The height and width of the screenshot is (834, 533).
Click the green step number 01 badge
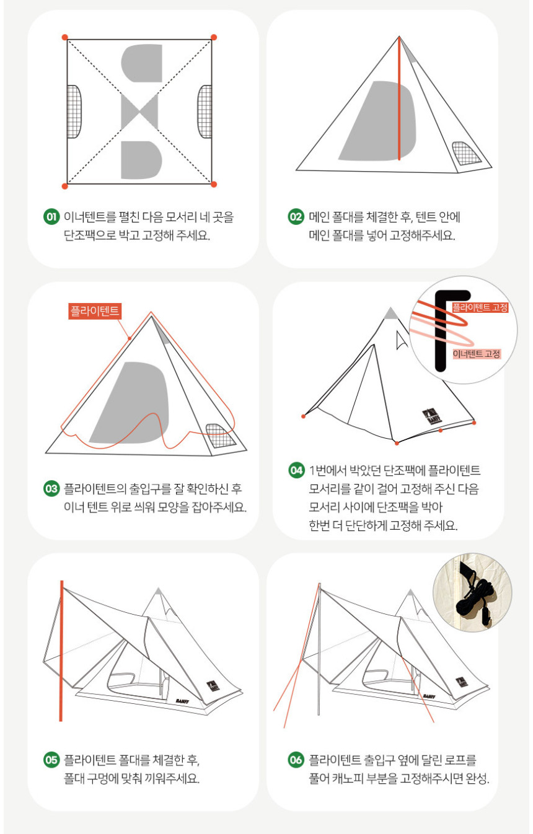pos(51,217)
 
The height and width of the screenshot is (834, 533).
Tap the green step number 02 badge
pos(296,217)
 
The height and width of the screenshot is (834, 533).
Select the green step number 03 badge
pos(51,488)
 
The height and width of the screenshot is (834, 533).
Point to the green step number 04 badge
pos(296,470)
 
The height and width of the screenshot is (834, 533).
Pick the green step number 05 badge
pos(51,760)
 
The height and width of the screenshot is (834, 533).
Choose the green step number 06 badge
pos(296,760)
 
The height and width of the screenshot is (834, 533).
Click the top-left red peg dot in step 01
pos(65,37)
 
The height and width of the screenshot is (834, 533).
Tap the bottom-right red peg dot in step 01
pos(214,184)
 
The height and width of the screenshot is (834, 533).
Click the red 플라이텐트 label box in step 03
pos(95,311)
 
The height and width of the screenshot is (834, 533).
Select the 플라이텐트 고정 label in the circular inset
pos(480,307)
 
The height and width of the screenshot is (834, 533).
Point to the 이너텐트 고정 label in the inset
pos(477,354)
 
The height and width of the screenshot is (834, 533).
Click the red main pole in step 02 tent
pos(399,99)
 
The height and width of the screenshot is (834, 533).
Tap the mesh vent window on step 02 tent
pos(466,153)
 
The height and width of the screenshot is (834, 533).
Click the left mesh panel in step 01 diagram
pos(74,112)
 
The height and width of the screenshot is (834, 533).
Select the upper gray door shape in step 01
pos(142,63)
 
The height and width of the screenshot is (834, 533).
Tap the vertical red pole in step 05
pos(61,651)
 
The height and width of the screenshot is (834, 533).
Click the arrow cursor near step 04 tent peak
pos(402,340)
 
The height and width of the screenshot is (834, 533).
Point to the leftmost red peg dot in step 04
pos(304,416)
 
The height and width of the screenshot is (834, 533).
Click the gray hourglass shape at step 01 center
pos(139,112)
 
